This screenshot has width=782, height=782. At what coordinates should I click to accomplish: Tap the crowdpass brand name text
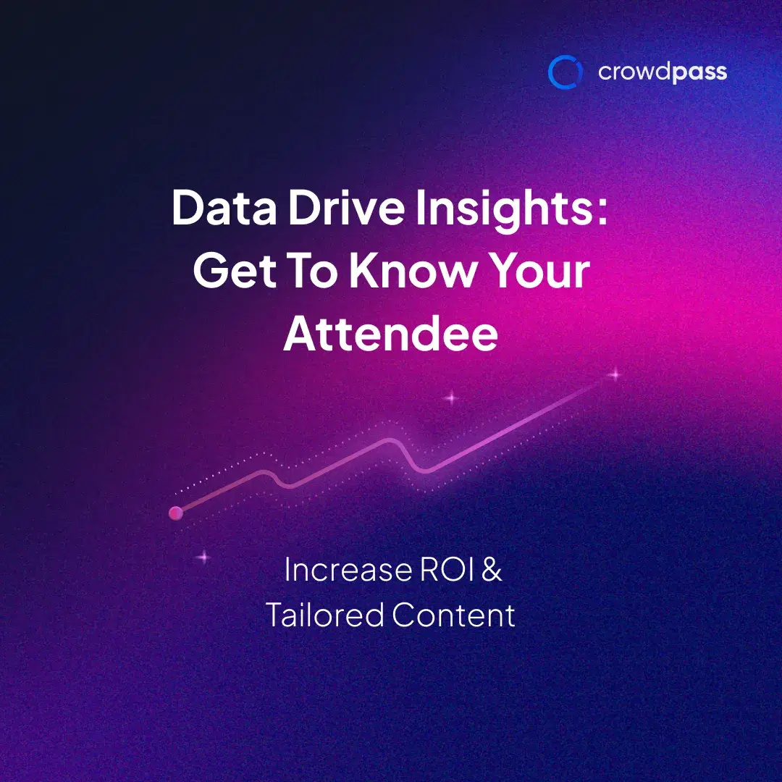(662, 72)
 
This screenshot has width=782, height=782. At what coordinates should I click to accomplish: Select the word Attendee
(390, 334)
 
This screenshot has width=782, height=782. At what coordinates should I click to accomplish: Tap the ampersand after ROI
(492, 570)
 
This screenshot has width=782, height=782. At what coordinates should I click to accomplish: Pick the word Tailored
(324, 615)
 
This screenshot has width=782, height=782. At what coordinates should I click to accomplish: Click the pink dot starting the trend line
(175, 513)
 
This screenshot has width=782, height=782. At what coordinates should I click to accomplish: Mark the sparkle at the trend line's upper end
(615, 374)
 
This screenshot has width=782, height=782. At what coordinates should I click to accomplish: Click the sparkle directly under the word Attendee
(452, 397)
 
